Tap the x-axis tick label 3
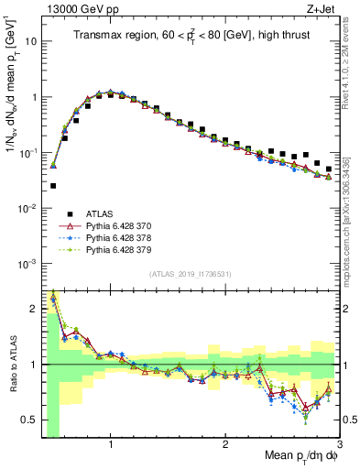tap(339, 444)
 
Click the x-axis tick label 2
tap(225, 444)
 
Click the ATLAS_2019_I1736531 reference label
tap(190, 274)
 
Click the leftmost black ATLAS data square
tap(53, 186)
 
